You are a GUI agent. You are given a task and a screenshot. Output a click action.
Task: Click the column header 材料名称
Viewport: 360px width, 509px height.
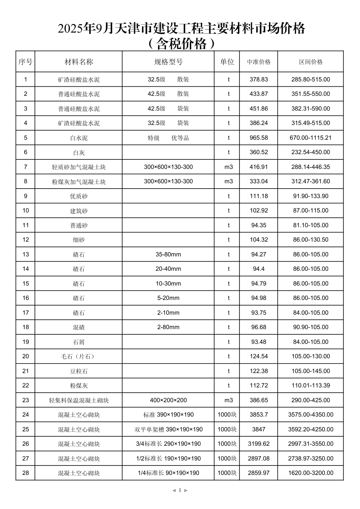pyautogui.click(x=78, y=62)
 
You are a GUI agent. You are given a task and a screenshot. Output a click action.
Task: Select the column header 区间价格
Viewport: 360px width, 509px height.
pyautogui.click(x=310, y=62)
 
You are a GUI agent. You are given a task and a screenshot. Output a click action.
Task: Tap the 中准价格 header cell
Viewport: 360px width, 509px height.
pyautogui.click(x=258, y=62)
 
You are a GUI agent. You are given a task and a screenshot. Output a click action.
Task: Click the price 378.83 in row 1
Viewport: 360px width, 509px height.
pyautogui.click(x=258, y=80)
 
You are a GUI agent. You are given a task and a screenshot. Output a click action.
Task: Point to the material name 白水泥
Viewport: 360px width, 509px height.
pyautogui.click(x=78, y=138)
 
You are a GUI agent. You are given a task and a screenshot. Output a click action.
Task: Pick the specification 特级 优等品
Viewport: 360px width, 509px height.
pyautogui.click(x=168, y=138)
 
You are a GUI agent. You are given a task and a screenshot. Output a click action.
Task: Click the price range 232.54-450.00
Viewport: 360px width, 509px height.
pyautogui.click(x=310, y=152)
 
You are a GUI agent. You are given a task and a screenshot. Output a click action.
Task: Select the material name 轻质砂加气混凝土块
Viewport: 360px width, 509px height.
pyautogui.click(x=78, y=167)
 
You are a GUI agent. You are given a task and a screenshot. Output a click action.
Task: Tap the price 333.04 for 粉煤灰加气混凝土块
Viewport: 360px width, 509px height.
pyautogui.click(x=258, y=181)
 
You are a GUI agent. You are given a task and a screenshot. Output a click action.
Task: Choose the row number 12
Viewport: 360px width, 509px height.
pyautogui.click(x=25, y=240)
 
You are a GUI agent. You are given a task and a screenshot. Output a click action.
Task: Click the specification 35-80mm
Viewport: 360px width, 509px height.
pyautogui.click(x=168, y=254)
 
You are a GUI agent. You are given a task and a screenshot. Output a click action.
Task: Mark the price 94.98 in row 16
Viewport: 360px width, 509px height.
pyautogui.click(x=258, y=298)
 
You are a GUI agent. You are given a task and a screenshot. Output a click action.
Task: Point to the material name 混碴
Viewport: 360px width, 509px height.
pyautogui.click(x=78, y=327)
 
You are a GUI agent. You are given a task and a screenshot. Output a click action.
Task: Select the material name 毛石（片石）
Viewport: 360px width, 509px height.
pyautogui.click(x=78, y=356)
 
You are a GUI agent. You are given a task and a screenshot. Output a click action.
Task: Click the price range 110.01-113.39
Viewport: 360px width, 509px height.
pyautogui.click(x=310, y=386)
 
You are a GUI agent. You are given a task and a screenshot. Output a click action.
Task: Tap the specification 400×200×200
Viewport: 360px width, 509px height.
pyautogui.click(x=168, y=400)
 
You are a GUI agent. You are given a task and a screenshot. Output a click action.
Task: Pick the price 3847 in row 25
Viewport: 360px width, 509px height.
pyautogui.click(x=258, y=429)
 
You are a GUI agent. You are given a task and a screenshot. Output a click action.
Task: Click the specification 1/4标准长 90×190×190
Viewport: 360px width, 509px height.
pyautogui.click(x=168, y=473)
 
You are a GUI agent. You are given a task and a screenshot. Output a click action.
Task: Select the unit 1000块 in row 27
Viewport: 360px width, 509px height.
pyautogui.click(x=227, y=459)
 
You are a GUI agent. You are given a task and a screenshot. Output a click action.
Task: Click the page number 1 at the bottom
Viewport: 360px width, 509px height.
pyautogui.click(x=180, y=490)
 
